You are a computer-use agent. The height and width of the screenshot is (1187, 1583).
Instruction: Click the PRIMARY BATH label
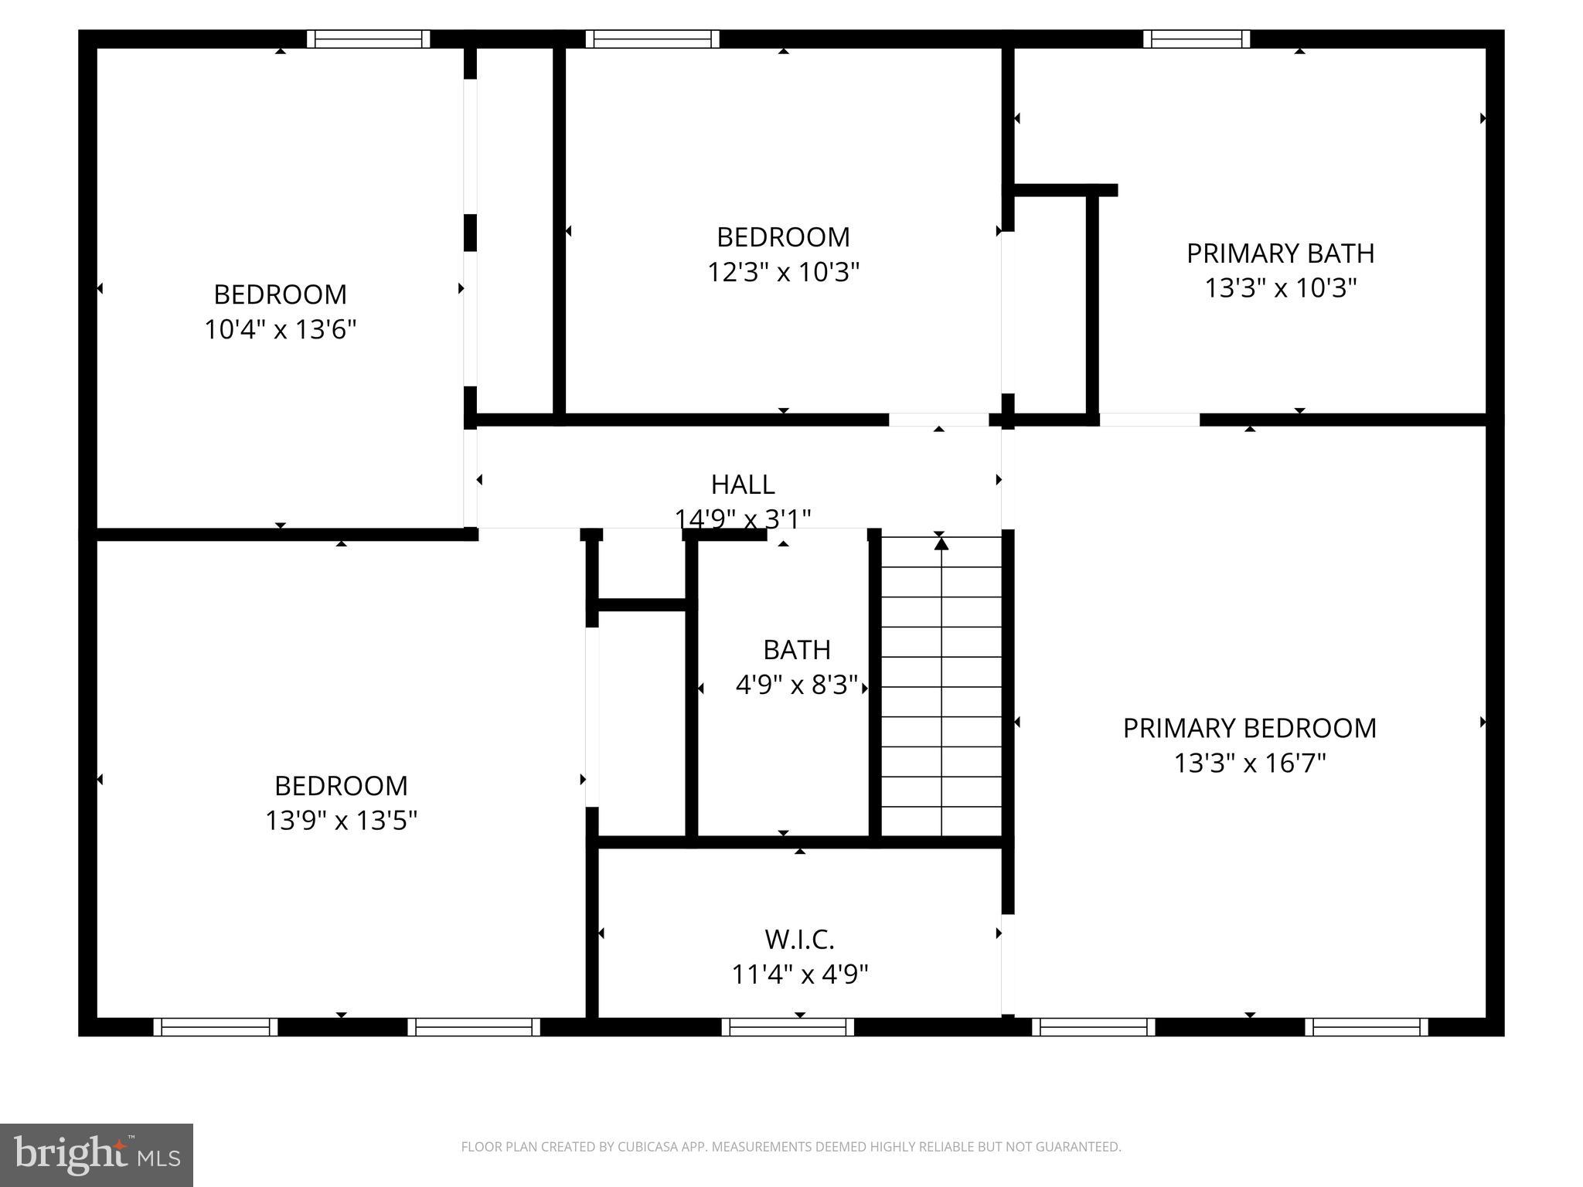coord(1280,253)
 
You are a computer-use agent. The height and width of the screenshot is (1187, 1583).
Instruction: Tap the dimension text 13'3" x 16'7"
coord(1250,764)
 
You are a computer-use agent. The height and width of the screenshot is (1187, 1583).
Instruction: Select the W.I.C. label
coord(799,940)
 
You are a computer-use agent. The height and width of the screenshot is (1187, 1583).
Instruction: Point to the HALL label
coord(743,485)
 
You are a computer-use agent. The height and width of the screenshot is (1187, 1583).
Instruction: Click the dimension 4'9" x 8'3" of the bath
coord(797,685)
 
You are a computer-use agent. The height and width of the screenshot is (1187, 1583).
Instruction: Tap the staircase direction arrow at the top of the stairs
coord(941,543)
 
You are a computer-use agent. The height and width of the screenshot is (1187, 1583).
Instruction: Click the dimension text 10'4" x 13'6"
coord(280,330)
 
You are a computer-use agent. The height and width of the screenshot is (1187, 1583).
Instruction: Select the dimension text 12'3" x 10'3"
coord(784,272)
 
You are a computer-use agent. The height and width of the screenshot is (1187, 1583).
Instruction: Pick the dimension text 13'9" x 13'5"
coord(341,821)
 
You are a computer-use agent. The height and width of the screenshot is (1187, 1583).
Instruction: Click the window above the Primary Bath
coord(1196,39)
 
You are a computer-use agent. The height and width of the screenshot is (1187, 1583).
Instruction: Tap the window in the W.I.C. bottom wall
coord(788,1027)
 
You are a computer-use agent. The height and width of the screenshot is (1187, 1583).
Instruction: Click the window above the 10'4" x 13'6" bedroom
coord(368,39)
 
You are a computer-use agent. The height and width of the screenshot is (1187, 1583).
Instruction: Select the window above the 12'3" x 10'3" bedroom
coord(652,39)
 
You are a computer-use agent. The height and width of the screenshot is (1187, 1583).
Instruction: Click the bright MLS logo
coord(96,1155)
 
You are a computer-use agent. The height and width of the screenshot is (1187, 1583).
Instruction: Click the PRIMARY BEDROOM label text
coord(1249,728)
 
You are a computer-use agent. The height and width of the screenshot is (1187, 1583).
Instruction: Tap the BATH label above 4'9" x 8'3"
coord(797,650)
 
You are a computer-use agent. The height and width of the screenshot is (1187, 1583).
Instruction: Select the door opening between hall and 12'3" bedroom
coord(938,420)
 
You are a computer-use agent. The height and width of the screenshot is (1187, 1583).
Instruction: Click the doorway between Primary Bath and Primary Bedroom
coord(1149,420)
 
